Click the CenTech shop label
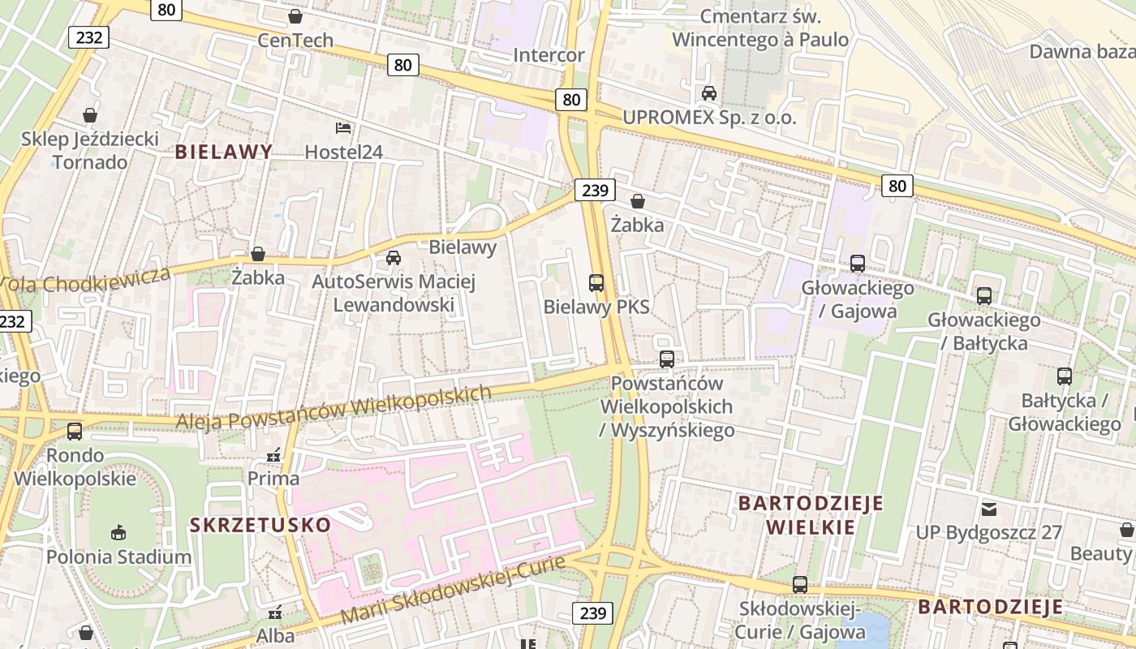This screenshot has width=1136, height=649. tap(295, 40)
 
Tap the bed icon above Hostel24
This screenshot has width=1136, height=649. tap(343, 128)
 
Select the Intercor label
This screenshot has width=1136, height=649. tap(549, 55)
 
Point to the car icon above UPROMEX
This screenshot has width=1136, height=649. tap(709, 93)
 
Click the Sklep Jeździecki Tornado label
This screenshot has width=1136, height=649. tap(90, 150)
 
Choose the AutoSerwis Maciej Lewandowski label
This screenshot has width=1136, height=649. tap(394, 294)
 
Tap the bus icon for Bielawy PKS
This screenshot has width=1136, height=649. tap(596, 283)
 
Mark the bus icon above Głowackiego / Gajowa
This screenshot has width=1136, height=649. tap(858, 264)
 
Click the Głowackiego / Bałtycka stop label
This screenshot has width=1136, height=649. tap(983, 331)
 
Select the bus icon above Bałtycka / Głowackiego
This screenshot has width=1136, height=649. tap(1065, 376)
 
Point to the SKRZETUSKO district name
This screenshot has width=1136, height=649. tap(260, 525)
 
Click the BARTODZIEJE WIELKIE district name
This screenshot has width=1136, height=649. tap(810, 515)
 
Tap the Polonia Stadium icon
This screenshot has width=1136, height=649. tap(118, 532)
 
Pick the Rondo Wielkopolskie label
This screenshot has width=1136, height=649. tap(75, 466)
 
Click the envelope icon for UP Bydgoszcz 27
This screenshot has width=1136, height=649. tap(988, 509)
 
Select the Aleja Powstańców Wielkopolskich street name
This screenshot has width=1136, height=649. tap(333, 408)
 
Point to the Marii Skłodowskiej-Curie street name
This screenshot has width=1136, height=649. tap(452, 590)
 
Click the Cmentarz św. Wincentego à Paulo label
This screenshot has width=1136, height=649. tap(760, 28)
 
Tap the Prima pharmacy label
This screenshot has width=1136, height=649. tap(273, 479)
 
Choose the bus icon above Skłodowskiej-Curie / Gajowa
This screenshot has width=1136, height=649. tap(800, 584)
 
